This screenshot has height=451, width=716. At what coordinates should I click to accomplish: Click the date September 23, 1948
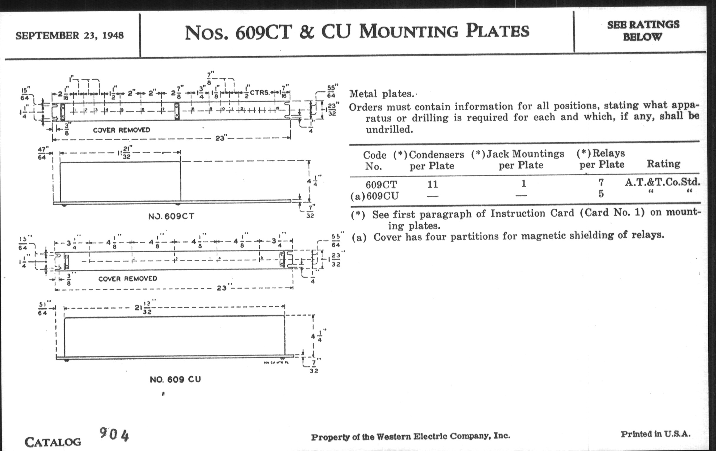69,35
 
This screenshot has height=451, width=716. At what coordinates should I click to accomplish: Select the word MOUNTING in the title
409,32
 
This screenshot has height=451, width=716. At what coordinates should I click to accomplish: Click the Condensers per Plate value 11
433,185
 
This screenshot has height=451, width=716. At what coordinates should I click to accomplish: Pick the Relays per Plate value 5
601,194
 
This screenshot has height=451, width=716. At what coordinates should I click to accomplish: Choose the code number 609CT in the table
381,185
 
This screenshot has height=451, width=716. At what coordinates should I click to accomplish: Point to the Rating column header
663,164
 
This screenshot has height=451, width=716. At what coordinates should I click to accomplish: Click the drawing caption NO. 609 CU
175,380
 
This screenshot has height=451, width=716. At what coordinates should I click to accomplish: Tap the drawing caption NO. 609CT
171,216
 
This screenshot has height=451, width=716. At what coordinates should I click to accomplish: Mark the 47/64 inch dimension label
42,153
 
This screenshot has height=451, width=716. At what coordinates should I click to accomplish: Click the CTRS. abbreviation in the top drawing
259,93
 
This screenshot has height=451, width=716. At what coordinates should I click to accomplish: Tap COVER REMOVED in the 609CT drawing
121,130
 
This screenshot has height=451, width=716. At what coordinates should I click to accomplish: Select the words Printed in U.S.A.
655,434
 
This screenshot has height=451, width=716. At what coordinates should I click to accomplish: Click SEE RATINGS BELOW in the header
643,31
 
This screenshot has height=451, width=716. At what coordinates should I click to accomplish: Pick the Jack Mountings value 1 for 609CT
524,183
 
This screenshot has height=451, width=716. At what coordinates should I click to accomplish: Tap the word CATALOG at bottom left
53,442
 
